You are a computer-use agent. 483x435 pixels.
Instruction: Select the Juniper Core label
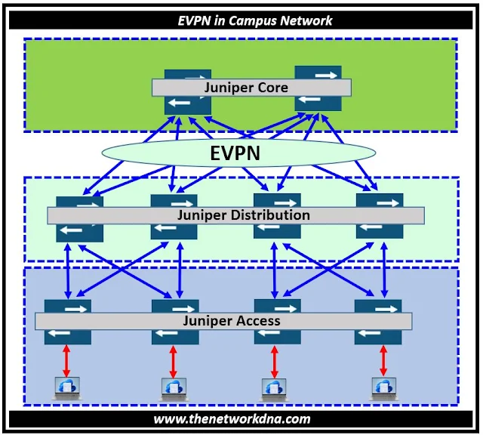click(x=246, y=88)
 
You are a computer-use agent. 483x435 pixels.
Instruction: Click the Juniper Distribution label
click(x=243, y=215)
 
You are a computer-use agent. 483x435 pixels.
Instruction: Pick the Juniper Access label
click(x=231, y=321)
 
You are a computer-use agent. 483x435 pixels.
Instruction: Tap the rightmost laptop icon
click(x=382, y=387)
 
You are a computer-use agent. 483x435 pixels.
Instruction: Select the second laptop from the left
click(x=172, y=387)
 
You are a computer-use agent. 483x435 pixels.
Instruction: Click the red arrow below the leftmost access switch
click(x=66, y=361)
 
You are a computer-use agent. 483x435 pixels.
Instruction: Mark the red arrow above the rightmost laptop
click(x=383, y=361)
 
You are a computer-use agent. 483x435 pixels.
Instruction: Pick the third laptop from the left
click(x=273, y=387)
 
